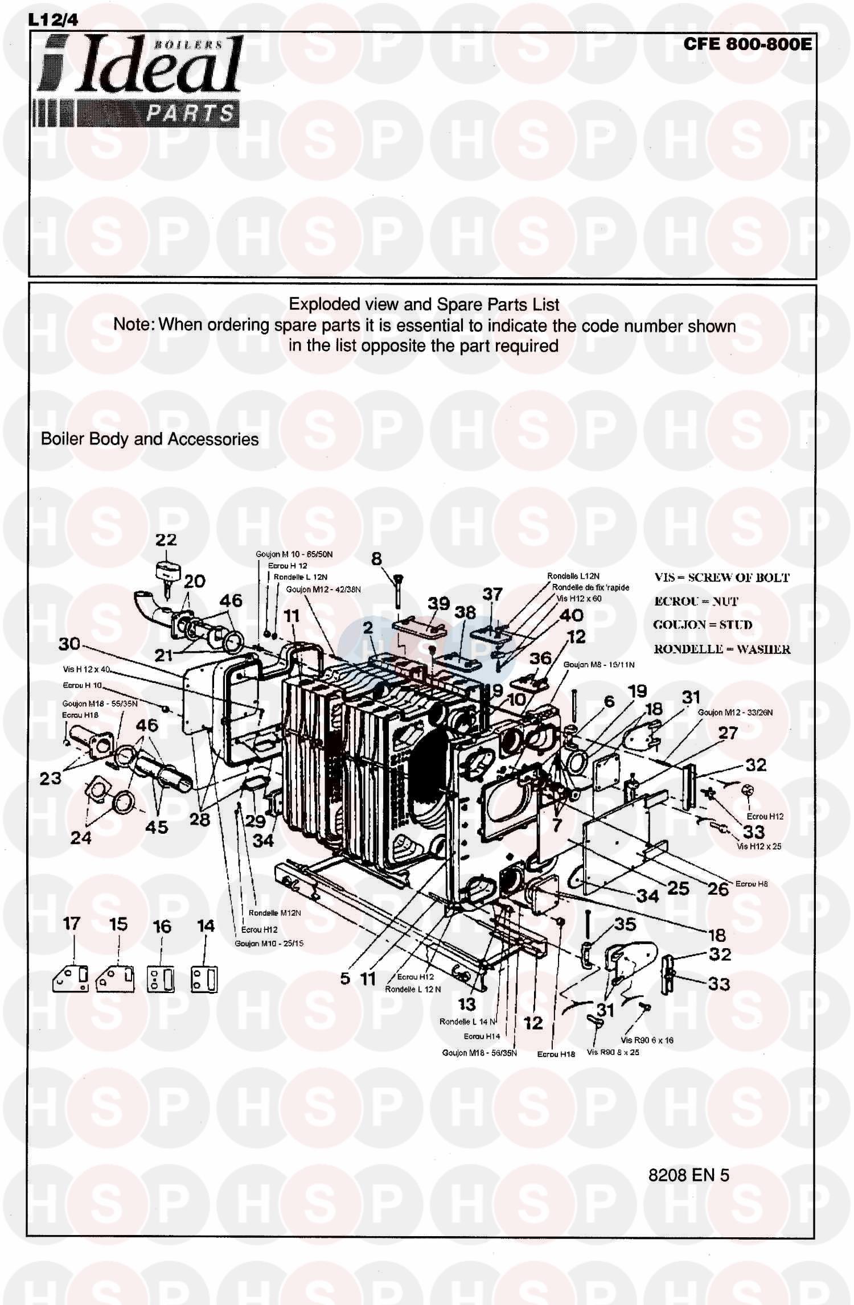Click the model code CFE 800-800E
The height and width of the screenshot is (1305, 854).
[x=748, y=44]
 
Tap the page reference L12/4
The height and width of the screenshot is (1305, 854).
[x=52, y=20]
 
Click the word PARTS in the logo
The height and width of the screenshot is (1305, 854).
[x=190, y=113]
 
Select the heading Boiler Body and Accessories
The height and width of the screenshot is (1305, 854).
[x=150, y=439]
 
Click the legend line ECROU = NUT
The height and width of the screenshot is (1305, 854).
[x=696, y=602]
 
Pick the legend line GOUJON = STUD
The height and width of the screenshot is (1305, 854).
[x=703, y=625]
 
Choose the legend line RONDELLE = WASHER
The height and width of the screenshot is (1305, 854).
[x=722, y=649]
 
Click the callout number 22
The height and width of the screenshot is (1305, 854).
[x=166, y=540]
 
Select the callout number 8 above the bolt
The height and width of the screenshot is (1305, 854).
[x=376, y=559]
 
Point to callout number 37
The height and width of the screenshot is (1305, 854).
[x=492, y=595]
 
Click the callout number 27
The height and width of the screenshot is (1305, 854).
[x=728, y=733]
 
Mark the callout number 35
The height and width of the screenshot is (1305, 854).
[x=625, y=924]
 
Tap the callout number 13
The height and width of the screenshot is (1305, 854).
[x=467, y=1005]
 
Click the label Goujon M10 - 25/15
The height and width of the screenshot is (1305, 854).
[x=269, y=943]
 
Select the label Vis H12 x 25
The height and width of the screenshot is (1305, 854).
[x=759, y=846]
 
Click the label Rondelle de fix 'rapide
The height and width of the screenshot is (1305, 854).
[x=590, y=587]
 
